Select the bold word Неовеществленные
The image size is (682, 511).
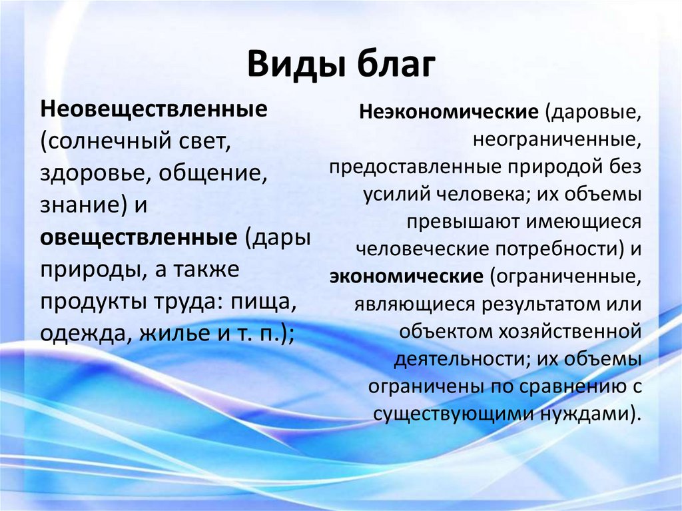point(154,108)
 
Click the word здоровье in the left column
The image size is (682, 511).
point(87,173)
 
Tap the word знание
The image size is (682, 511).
point(79,206)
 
